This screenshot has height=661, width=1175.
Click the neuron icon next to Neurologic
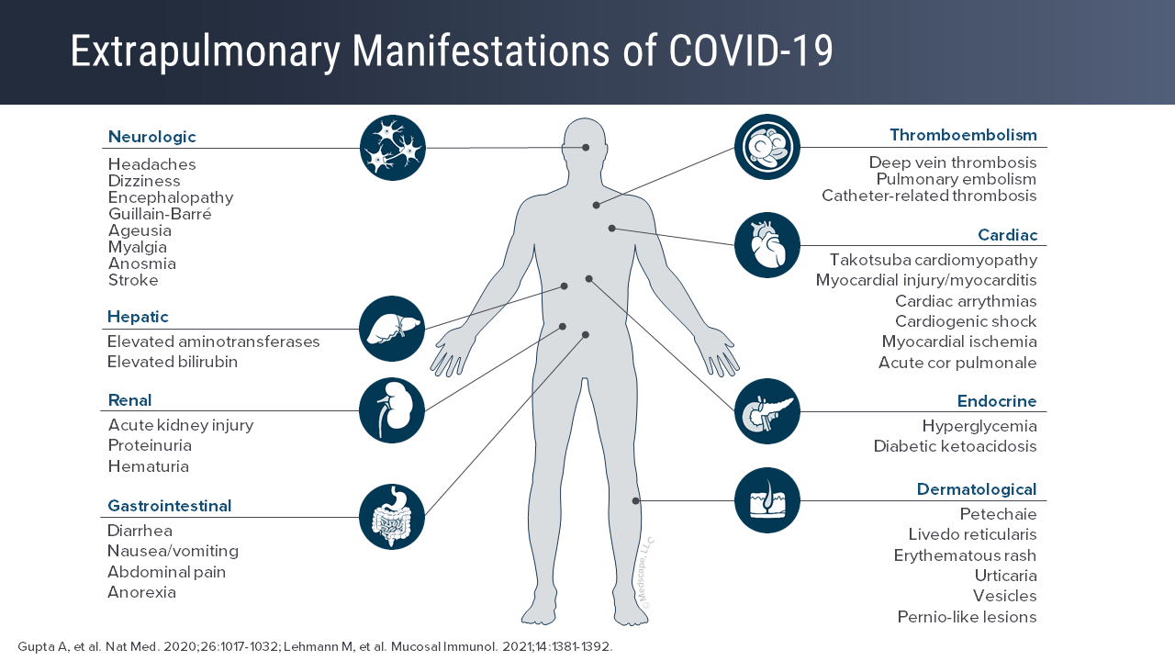coord(393,148)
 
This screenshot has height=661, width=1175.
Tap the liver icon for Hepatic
coord(392,329)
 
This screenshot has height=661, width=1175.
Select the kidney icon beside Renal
coord(392,410)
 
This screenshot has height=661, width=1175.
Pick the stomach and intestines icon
coord(392,517)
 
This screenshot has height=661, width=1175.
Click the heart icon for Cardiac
coord(767,245)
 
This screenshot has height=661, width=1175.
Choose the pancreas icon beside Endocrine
coord(767,411)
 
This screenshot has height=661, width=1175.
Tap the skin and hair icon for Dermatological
coord(767,500)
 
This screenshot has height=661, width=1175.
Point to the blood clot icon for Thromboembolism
coord(767,147)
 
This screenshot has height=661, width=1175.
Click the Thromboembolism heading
coord(963,135)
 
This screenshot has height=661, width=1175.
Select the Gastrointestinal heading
coord(169,506)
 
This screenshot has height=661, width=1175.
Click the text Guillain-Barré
coord(160,214)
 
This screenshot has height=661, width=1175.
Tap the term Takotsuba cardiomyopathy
coord(933,260)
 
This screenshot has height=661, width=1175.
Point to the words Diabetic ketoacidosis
coord(955,446)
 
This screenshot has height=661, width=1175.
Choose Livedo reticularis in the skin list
coord(972,534)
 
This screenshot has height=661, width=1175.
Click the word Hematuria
coord(148,466)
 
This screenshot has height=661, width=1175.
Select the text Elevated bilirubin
coord(173,362)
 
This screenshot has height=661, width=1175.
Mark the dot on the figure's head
coord(586,147)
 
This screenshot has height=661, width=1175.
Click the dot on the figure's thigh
coord(635,500)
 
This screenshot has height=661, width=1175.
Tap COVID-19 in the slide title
coord(751,51)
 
